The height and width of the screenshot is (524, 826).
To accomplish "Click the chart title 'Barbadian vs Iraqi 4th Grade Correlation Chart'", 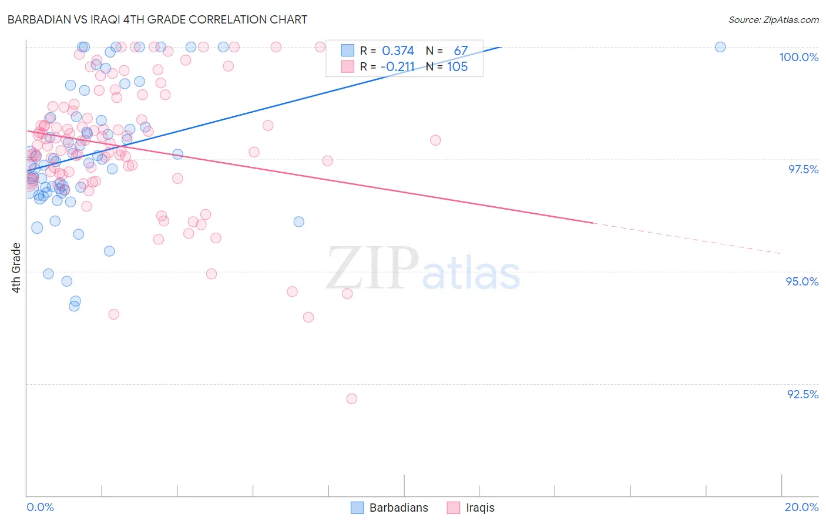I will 157,19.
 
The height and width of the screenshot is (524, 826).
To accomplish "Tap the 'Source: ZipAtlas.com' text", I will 773,20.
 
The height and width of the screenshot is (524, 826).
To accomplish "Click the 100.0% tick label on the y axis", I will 798,57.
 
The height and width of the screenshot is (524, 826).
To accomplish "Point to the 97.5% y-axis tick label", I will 803,169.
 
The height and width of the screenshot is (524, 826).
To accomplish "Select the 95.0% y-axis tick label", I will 802,281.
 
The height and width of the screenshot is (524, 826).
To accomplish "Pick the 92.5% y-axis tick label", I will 803,394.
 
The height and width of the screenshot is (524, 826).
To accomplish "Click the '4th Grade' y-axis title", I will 16,268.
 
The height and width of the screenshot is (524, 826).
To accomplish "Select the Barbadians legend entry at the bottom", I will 390,508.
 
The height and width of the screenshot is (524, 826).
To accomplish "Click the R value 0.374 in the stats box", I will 398,51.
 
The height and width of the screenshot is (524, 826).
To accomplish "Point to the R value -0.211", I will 397,67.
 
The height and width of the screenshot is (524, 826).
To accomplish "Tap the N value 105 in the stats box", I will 458,67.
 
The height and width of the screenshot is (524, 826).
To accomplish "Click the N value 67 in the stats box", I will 461,51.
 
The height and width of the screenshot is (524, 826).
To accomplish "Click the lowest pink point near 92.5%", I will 352,399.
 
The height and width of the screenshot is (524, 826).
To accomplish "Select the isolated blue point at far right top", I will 720,47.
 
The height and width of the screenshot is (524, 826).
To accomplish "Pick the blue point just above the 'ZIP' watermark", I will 299,221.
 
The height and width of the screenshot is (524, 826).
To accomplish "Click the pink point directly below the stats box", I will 435,140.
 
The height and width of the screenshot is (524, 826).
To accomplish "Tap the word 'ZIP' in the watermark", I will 372,268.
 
